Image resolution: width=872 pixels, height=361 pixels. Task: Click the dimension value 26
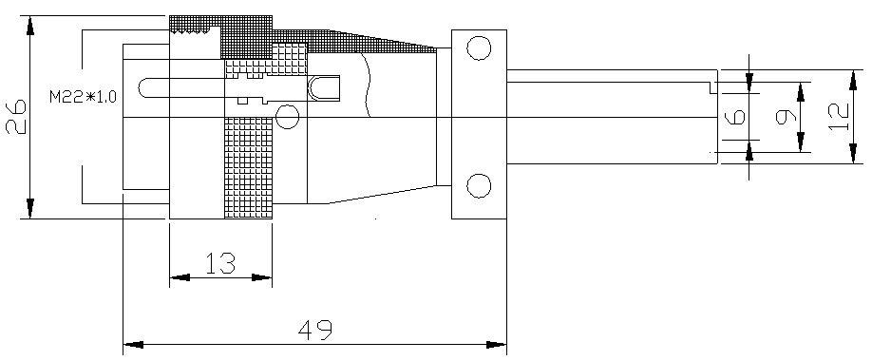16,117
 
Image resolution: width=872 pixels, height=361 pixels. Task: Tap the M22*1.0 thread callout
83,97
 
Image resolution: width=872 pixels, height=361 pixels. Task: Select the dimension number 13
220,263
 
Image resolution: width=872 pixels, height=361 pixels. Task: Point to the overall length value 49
314,331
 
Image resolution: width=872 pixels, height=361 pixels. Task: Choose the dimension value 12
839,117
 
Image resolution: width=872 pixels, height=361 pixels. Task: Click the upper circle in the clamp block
479,47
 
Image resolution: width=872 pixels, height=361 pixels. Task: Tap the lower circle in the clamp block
479,186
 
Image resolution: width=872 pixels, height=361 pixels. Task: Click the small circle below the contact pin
288,117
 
